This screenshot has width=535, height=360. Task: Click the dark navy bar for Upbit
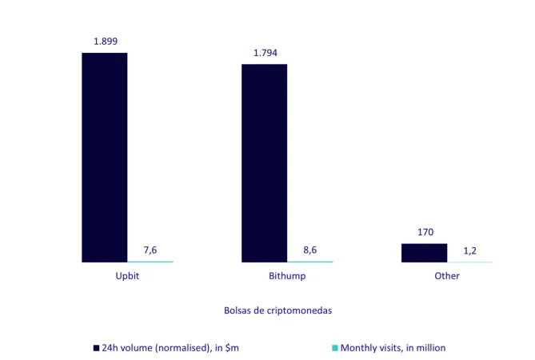click(x=105, y=157)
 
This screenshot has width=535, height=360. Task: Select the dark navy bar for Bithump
click(x=264, y=162)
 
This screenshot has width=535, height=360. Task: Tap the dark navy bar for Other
click(x=424, y=253)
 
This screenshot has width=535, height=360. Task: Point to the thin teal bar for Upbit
click(x=150, y=262)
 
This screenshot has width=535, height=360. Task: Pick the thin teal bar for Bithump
click(x=310, y=262)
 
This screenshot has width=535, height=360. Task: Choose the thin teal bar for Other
click(x=470, y=262)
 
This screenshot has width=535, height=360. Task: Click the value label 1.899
click(x=105, y=40)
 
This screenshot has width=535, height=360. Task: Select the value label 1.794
click(x=266, y=53)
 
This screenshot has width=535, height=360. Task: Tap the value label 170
click(x=425, y=232)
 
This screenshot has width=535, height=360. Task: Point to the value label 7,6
click(x=150, y=250)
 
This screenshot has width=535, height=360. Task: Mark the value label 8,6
click(x=310, y=250)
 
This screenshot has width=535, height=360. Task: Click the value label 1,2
click(x=470, y=250)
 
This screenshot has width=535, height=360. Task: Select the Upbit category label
click(x=128, y=276)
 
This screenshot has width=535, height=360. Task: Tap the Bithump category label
click(x=287, y=276)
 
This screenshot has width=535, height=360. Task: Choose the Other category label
click(x=447, y=276)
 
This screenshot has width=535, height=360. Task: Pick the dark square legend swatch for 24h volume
click(x=96, y=348)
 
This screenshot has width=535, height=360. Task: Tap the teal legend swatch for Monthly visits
click(x=335, y=348)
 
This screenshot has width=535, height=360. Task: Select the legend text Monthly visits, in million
click(x=393, y=348)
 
